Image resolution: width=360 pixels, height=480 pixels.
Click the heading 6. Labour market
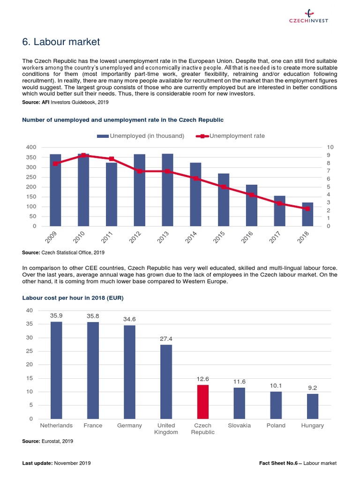pyautogui.click(x=61, y=42)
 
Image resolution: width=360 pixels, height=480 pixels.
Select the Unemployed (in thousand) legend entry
pyautogui.click(x=141, y=136)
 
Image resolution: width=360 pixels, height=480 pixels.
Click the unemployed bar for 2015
pyautogui.click(x=224, y=200)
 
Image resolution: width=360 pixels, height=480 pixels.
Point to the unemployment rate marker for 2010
pyautogui.click(x=83, y=155)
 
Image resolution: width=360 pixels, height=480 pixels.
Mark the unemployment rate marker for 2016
pyautogui.click(x=251, y=195)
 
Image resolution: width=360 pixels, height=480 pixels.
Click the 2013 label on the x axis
pyautogui.click(x=163, y=238)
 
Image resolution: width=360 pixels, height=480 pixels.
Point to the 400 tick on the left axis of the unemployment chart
pyautogui.click(x=31, y=147)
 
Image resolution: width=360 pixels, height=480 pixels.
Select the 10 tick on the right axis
pyautogui.click(x=331, y=147)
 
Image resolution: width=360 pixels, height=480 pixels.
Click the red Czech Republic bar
pyautogui.click(x=202, y=402)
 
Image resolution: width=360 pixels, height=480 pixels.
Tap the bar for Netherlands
pyautogui.click(x=56, y=370)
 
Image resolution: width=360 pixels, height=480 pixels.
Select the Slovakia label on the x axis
pyautogui.click(x=239, y=426)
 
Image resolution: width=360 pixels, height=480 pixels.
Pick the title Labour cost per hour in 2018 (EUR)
pyautogui.click(x=73, y=298)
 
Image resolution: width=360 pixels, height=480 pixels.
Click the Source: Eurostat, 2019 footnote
pyautogui.click(x=48, y=442)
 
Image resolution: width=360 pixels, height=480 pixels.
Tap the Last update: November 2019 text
pyautogui.click(x=56, y=463)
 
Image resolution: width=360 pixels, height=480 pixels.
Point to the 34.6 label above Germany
pyautogui.click(x=129, y=319)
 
